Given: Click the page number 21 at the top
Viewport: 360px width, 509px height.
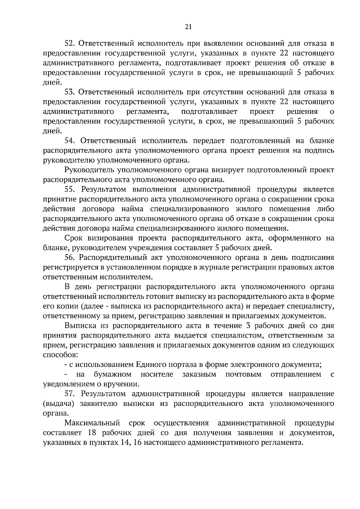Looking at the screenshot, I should (x=188, y=27).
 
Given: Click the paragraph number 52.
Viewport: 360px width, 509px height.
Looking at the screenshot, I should (x=70, y=44).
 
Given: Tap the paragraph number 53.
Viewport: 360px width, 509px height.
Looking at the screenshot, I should (x=70, y=92).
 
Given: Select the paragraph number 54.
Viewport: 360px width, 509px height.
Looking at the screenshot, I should (x=70, y=141).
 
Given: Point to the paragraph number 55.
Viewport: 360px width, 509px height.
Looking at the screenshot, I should (x=70, y=190).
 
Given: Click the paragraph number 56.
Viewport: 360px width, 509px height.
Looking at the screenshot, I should (x=70, y=257).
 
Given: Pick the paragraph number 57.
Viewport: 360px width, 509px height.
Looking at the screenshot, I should (x=70, y=394).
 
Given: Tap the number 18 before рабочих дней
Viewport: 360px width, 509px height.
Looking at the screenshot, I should (x=92, y=433).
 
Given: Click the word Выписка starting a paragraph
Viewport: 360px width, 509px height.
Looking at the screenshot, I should (x=78, y=326).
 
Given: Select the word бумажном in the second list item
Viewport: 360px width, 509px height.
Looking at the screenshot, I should (x=112, y=374).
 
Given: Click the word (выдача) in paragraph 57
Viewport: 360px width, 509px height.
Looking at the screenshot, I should (x=58, y=403).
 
